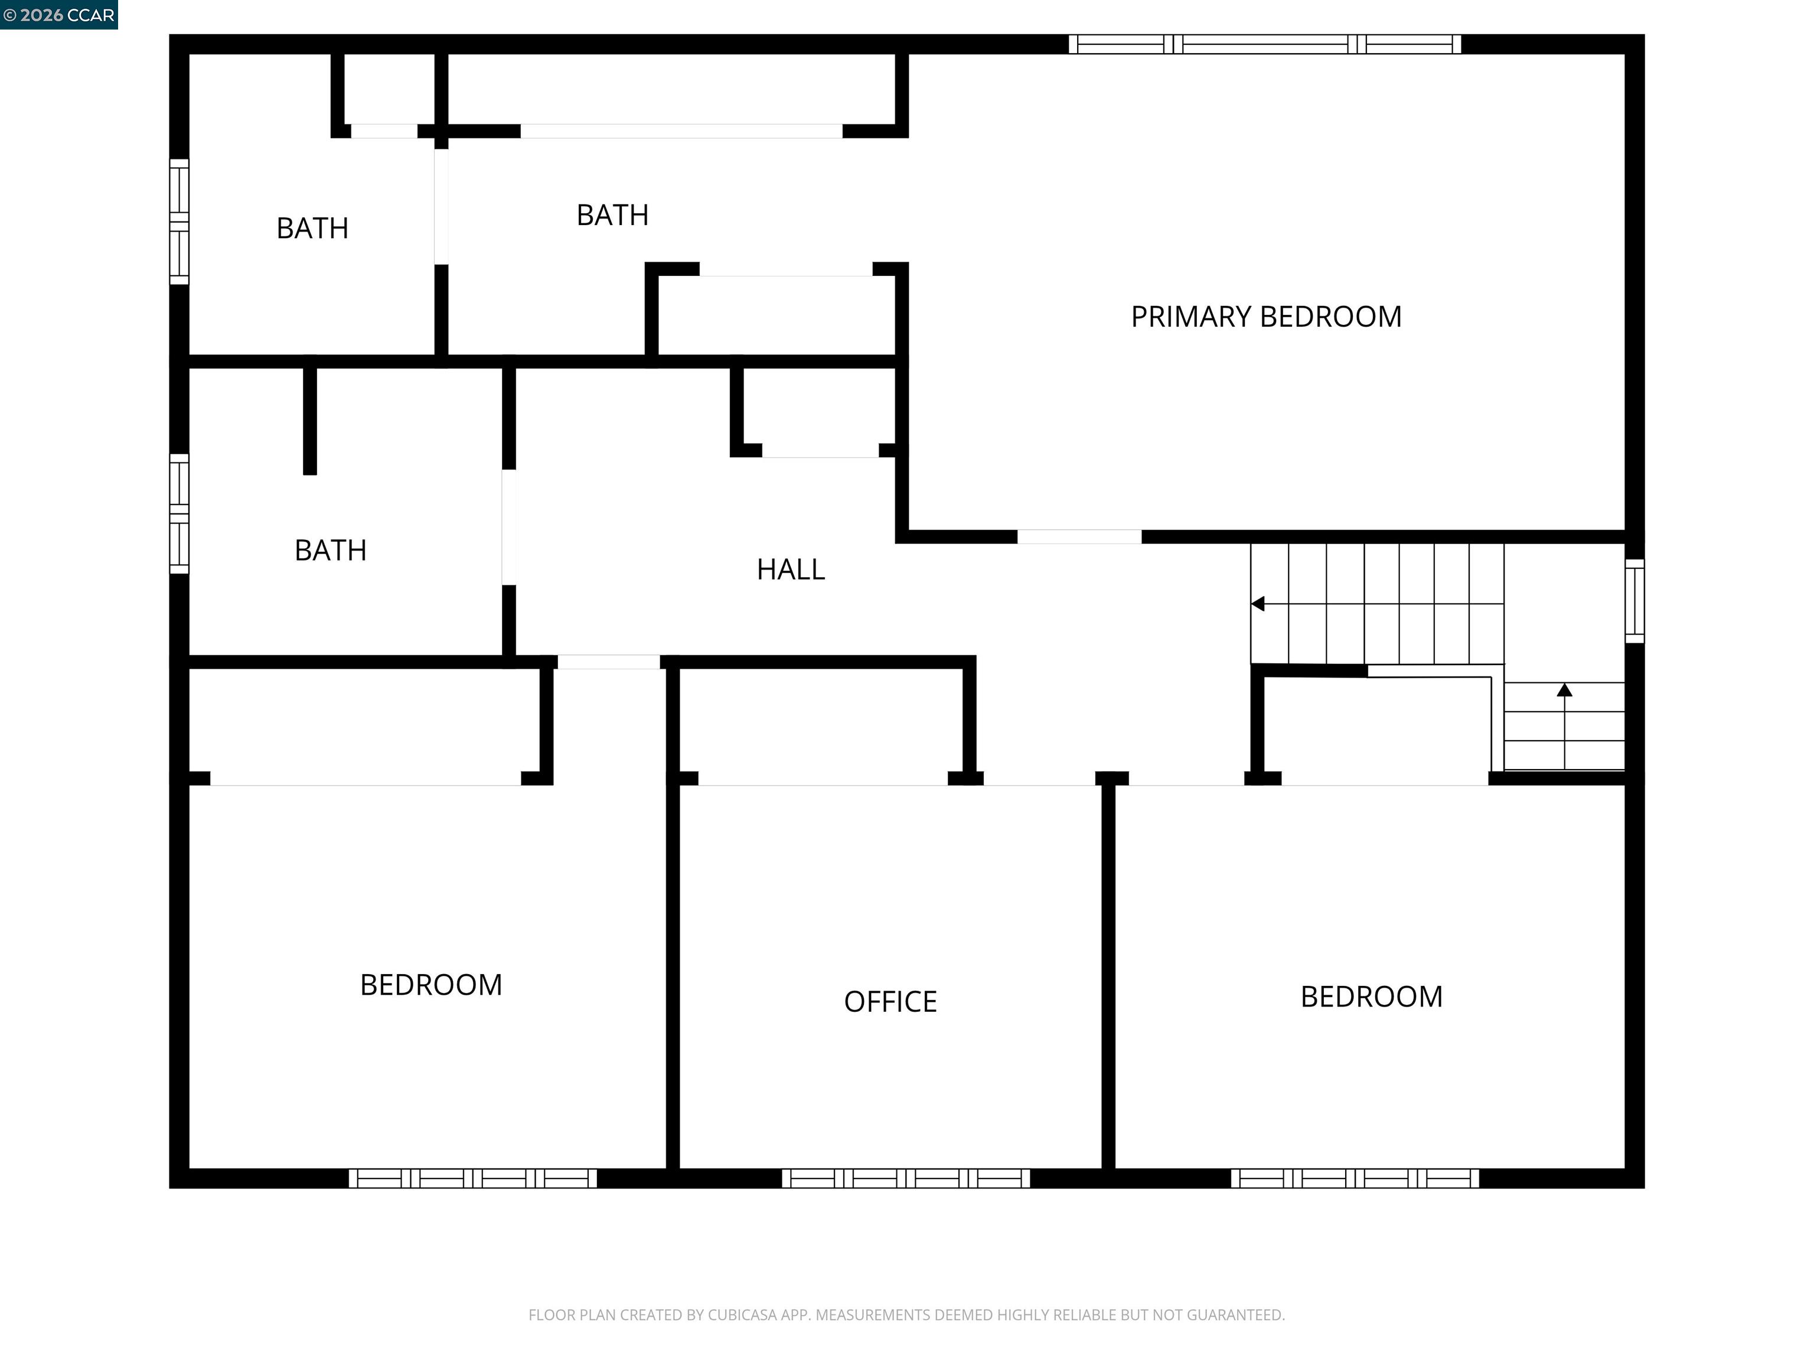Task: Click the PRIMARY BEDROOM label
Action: point(1265,317)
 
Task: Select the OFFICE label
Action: point(890,1002)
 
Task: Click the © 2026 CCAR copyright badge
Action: point(58,15)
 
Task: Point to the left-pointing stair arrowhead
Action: point(1257,604)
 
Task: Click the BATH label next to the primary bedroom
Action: point(612,215)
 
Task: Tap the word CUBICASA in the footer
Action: point(741,1314)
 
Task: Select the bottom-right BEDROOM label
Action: point(1371,997)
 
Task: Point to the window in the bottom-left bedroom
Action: point(472,1178)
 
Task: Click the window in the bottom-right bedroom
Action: point(1354,1178)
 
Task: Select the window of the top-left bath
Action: point(179,222)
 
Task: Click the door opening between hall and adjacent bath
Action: point(508,527)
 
